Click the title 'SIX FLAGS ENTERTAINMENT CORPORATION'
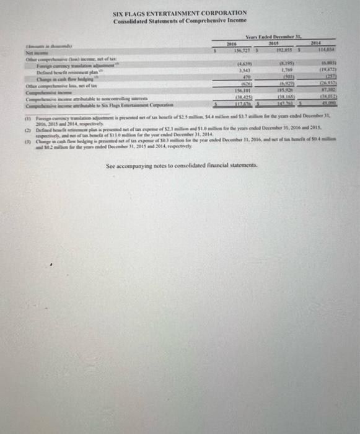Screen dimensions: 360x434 (180, 12)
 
